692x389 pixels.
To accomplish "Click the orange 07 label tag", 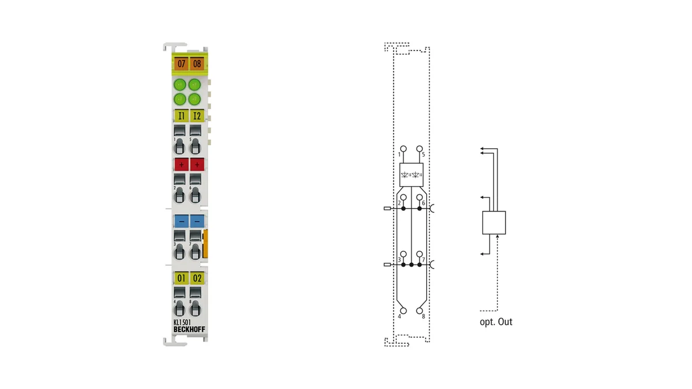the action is (x=181, y=64).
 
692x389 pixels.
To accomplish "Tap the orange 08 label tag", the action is (x=197, y=64).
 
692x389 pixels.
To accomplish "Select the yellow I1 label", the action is (x=181, y=116).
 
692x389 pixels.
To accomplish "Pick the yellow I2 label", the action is (x=197, y=116).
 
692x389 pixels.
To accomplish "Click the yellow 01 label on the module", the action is (x=181, y=278).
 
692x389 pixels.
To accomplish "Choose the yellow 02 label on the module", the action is (x=197, y=278).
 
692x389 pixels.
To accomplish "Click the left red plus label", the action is (x=181, y=165).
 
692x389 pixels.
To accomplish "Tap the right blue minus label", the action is (x=197, y=221).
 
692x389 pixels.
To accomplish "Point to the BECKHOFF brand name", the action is (x=189, y=330).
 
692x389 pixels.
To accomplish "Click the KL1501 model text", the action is (x=182, y=322).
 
